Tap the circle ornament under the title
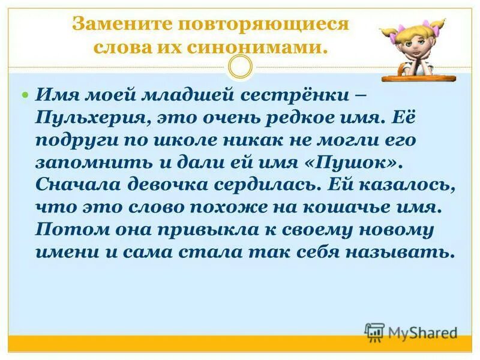tap(241, 67)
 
